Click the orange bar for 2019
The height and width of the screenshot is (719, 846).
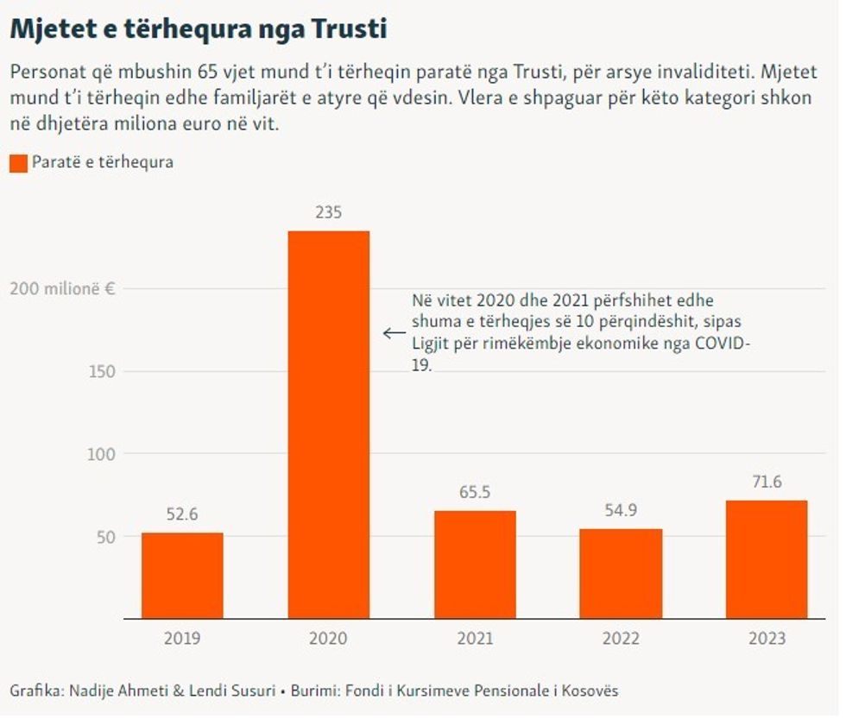coord(182,576)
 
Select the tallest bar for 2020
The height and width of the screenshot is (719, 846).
coord(328,425)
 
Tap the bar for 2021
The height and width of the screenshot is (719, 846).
coord(475,564)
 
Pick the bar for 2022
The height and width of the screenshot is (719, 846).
coord(621,573)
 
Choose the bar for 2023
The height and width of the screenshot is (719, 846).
coord(767,559)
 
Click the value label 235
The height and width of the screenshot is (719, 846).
coord(328,212)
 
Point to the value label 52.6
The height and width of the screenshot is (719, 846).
coord(182,514)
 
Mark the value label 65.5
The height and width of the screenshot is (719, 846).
coord(475,493)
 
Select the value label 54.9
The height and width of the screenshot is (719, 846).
coord(621,511)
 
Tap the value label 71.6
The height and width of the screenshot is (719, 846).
coord(767,482)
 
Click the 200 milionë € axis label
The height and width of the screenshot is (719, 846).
coord(62,288)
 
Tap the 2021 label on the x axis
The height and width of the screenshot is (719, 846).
coord(475,639)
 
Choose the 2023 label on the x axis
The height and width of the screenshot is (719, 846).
coord(767,639)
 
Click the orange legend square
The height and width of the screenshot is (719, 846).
coord(18,162)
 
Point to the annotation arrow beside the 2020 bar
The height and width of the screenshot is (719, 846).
coord(394,332)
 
